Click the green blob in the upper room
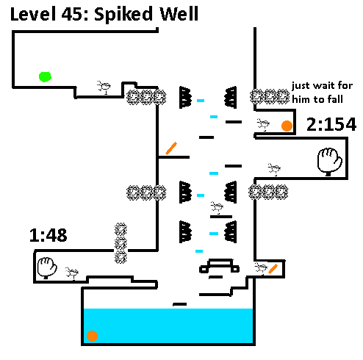click(45, 77)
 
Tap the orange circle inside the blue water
click(93, 336)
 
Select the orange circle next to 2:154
click(287, 126)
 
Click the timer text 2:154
click(331, 124)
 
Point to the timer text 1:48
click(48, 235)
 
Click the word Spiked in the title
click(123, 15)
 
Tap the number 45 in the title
click(73, 14)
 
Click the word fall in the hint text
click(336, 99)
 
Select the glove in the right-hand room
click(329, 161)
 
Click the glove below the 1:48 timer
click(47, 267)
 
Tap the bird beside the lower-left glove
click(72, 273)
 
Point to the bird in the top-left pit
click(104, 87)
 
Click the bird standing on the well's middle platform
click(217, 207)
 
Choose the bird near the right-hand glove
click(274, 169)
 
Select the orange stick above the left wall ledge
click(171, 148)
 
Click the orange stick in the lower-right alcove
click(273, 269)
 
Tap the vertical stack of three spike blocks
click(121, 243)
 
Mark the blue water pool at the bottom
click(168, 325)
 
